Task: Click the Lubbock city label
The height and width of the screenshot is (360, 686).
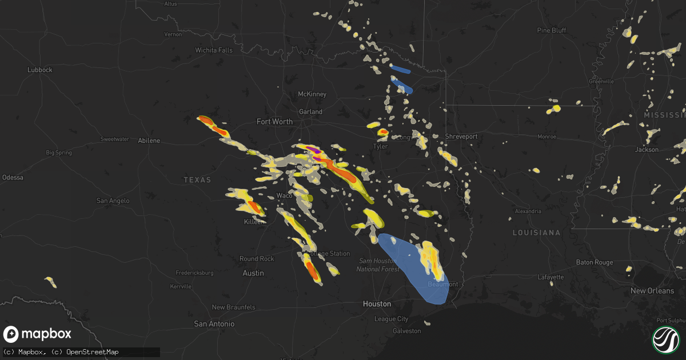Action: [40, 70]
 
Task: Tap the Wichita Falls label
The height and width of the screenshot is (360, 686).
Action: [214, 50]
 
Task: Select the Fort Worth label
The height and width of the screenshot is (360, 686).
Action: [274, 122]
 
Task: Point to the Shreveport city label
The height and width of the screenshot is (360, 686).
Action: [461, 137]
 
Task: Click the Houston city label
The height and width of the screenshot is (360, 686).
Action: [377, 304]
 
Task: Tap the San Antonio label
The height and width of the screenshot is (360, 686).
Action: [214, 324]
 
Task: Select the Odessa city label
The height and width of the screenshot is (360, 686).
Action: [13, 178]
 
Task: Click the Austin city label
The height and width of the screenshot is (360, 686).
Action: [253, 273]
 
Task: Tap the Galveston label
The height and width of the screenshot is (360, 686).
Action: [406, 331]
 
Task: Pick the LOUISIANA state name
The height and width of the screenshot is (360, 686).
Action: [536, 233]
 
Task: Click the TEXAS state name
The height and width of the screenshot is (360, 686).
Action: [197, 180]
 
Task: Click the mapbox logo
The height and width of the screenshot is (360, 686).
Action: [38, 334]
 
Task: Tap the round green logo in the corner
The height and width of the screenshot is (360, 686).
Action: [665, 339]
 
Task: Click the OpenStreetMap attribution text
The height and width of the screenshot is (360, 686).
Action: [93, 352]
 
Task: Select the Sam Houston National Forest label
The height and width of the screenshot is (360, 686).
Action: [378, 265]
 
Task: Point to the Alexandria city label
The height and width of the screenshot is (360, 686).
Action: [528, 211]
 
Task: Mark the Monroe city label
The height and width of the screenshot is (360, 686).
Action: [547, 137]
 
